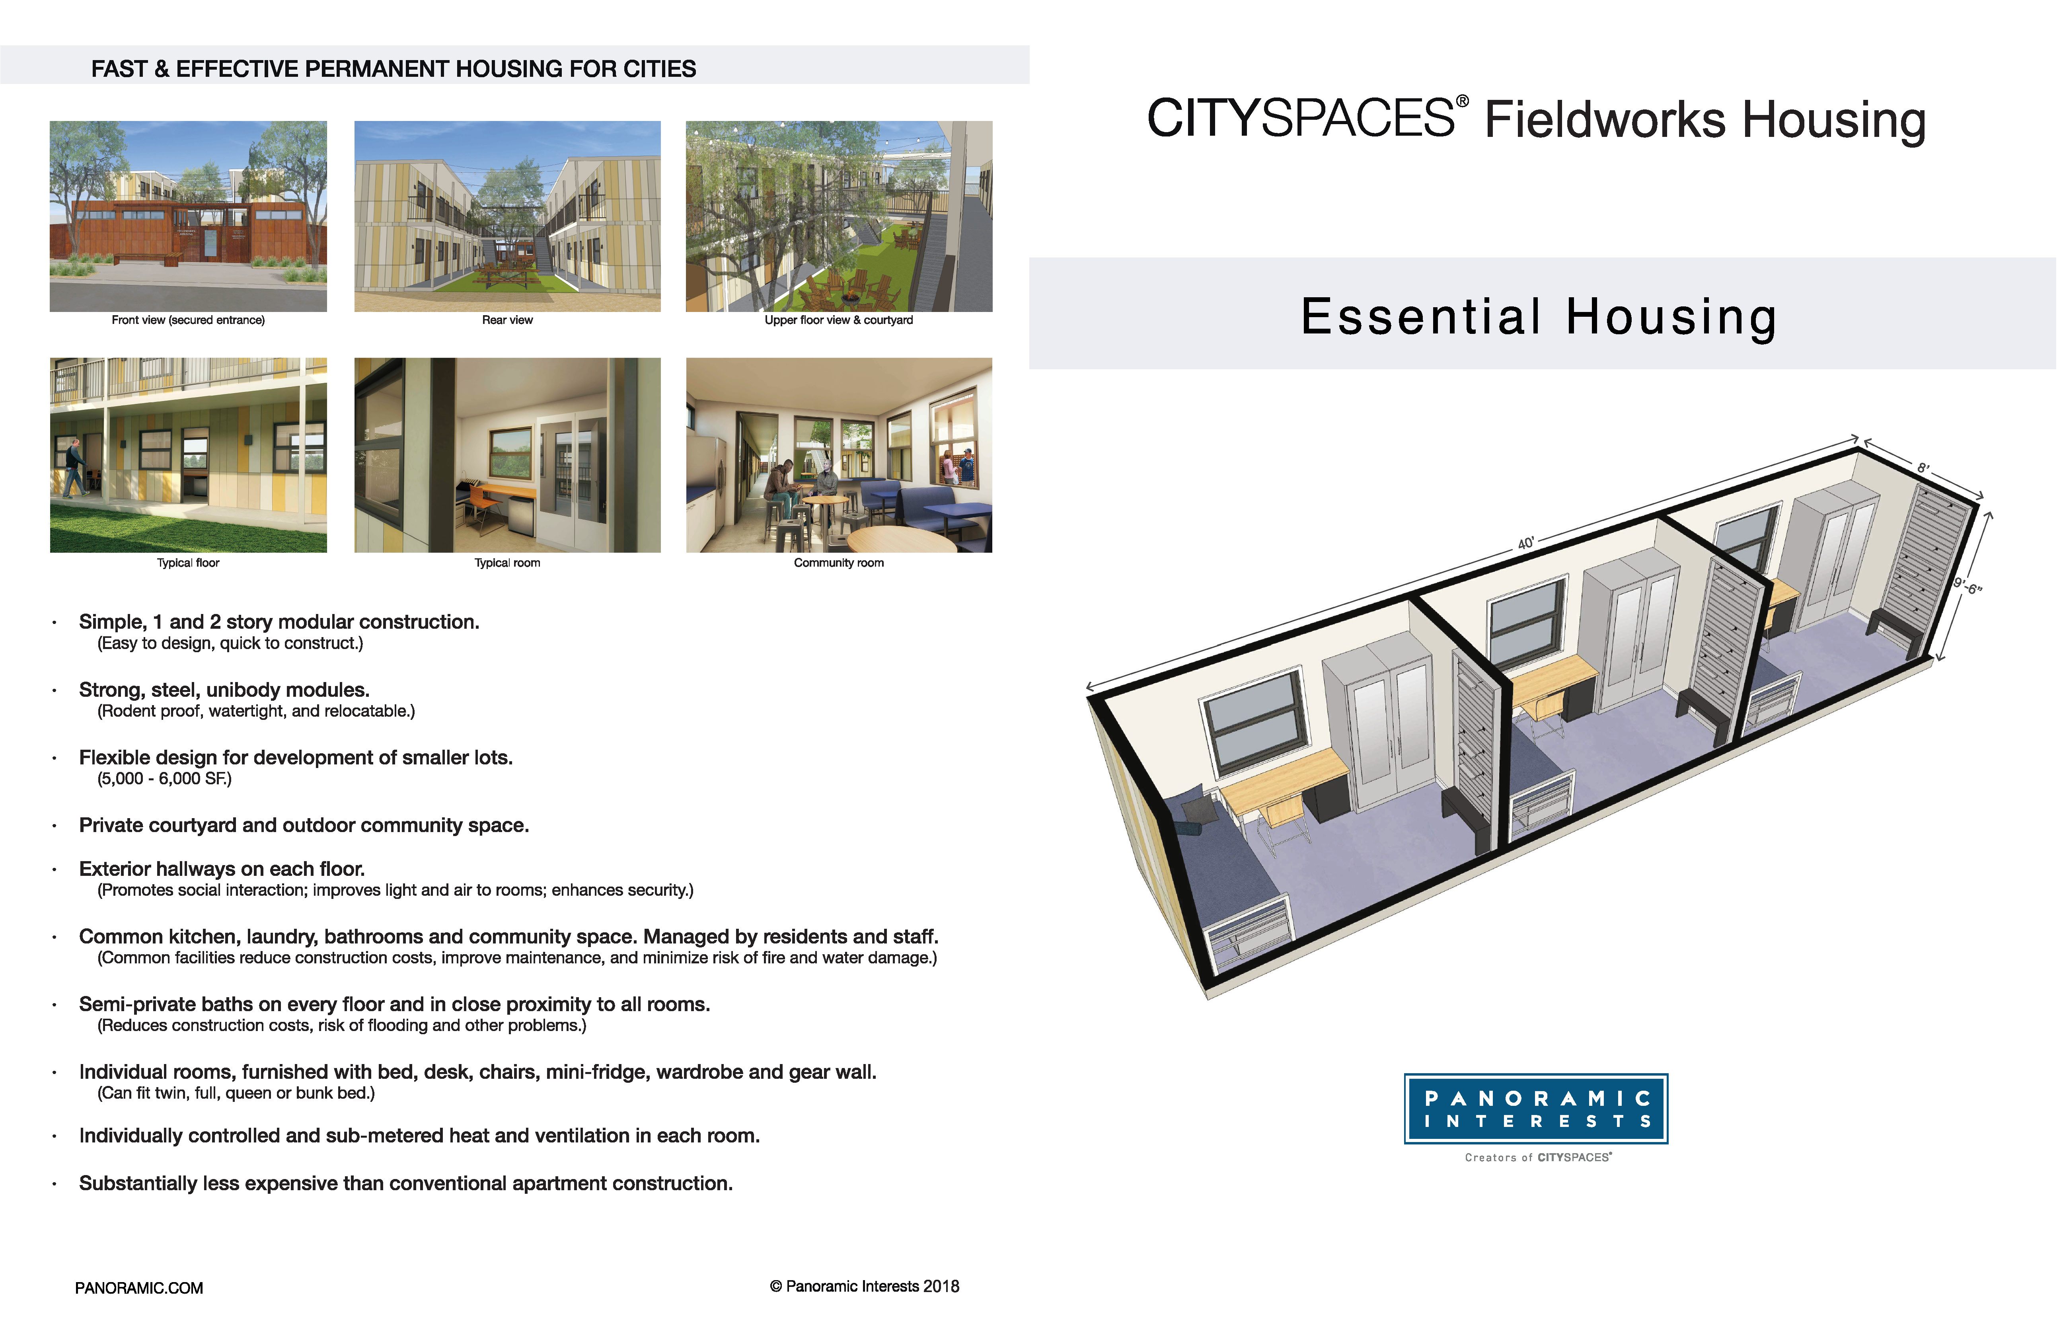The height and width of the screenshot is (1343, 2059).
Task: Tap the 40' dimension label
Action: (x=1526, y=544)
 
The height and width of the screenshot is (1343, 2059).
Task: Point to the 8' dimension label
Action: (x=1922, y=468)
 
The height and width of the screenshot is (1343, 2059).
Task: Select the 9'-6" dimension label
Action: (x=1967, y=586)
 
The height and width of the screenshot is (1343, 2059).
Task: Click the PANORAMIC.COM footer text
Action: (x=139, y=1288)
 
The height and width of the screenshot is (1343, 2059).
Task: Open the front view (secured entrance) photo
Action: (x=189, y=216)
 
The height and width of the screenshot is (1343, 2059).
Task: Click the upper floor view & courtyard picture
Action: (x=839, y=216)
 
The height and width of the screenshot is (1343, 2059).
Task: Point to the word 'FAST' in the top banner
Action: (x=119, y=69)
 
